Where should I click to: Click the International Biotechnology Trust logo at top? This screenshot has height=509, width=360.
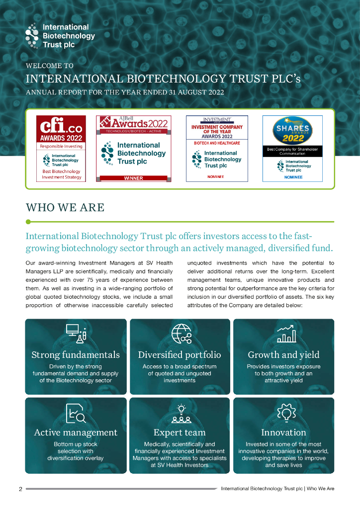pyautogui.click(x=60, y=36)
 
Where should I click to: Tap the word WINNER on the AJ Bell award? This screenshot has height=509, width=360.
pyautogui.click(x=133, y=178)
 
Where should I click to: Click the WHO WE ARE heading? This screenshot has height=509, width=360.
pyautogui.click(x=65, y=207)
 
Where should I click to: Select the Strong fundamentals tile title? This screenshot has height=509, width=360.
pyautogui.click(x=76, y=355)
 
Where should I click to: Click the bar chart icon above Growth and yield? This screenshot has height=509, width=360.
pyautogui.click(x=286, y=334)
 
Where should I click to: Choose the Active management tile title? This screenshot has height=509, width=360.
pyautogui.click(x=76, y=432)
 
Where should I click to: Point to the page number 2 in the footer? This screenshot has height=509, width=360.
pyautogui.click(x=20, y=489)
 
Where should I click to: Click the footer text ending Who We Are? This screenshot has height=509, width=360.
pyautogui.click(x=277, y=489)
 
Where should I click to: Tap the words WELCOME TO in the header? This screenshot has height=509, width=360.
pyautogui.click(x=49, y=66)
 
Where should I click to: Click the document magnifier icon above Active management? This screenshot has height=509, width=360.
pyautogui.click(x=75, y=413)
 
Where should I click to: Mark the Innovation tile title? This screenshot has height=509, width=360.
pyautogui.click(x=283, y=432)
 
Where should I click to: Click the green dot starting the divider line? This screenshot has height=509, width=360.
pyautogui.click(x=28, y=222)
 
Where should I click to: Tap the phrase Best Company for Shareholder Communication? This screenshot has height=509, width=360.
pyautogui.click(x=292, y=151)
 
